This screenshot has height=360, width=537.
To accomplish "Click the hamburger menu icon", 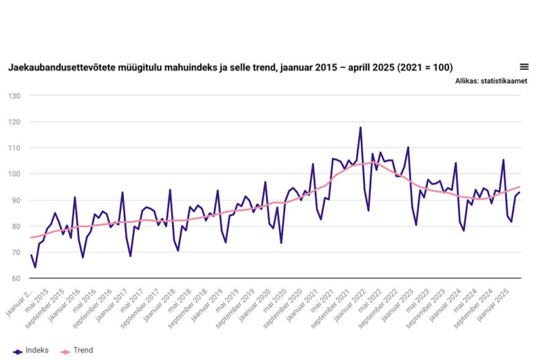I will point(524,67).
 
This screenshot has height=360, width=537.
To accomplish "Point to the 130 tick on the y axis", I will point(13,96).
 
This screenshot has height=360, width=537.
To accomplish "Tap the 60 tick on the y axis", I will point(15,279).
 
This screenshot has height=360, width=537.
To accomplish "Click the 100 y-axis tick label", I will point(13,174).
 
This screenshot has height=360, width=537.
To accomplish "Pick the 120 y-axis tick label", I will point(13,122).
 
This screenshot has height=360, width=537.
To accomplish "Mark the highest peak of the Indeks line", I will point(360,128).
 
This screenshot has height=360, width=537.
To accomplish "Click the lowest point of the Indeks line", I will point(35,267).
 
